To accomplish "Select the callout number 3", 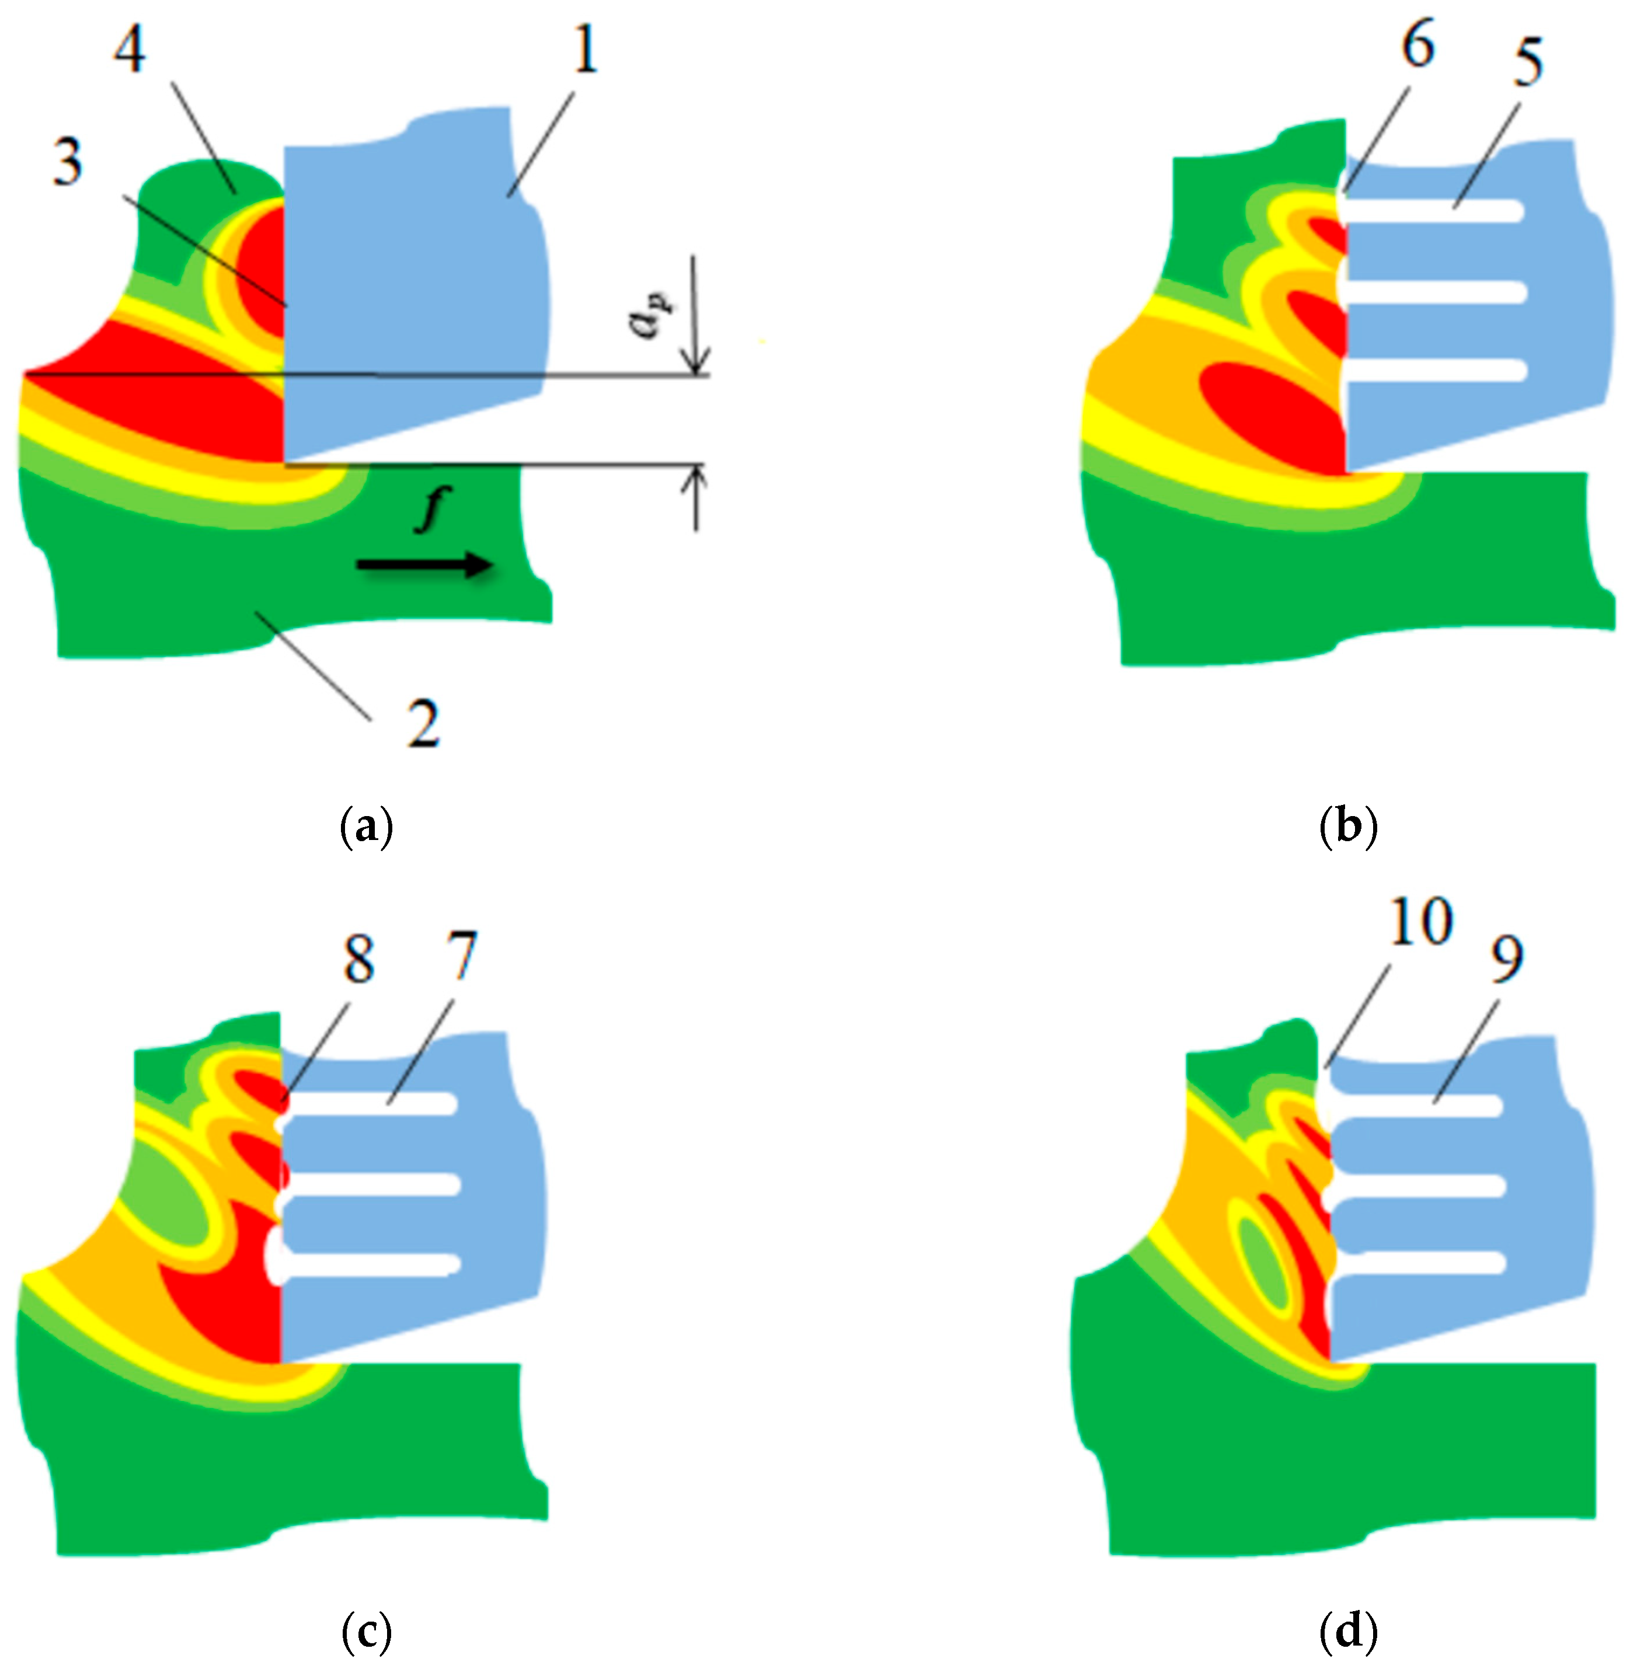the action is pos(68,162).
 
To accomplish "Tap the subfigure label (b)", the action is pos(1347,827).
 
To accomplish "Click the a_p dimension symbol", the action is pos(652,315).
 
